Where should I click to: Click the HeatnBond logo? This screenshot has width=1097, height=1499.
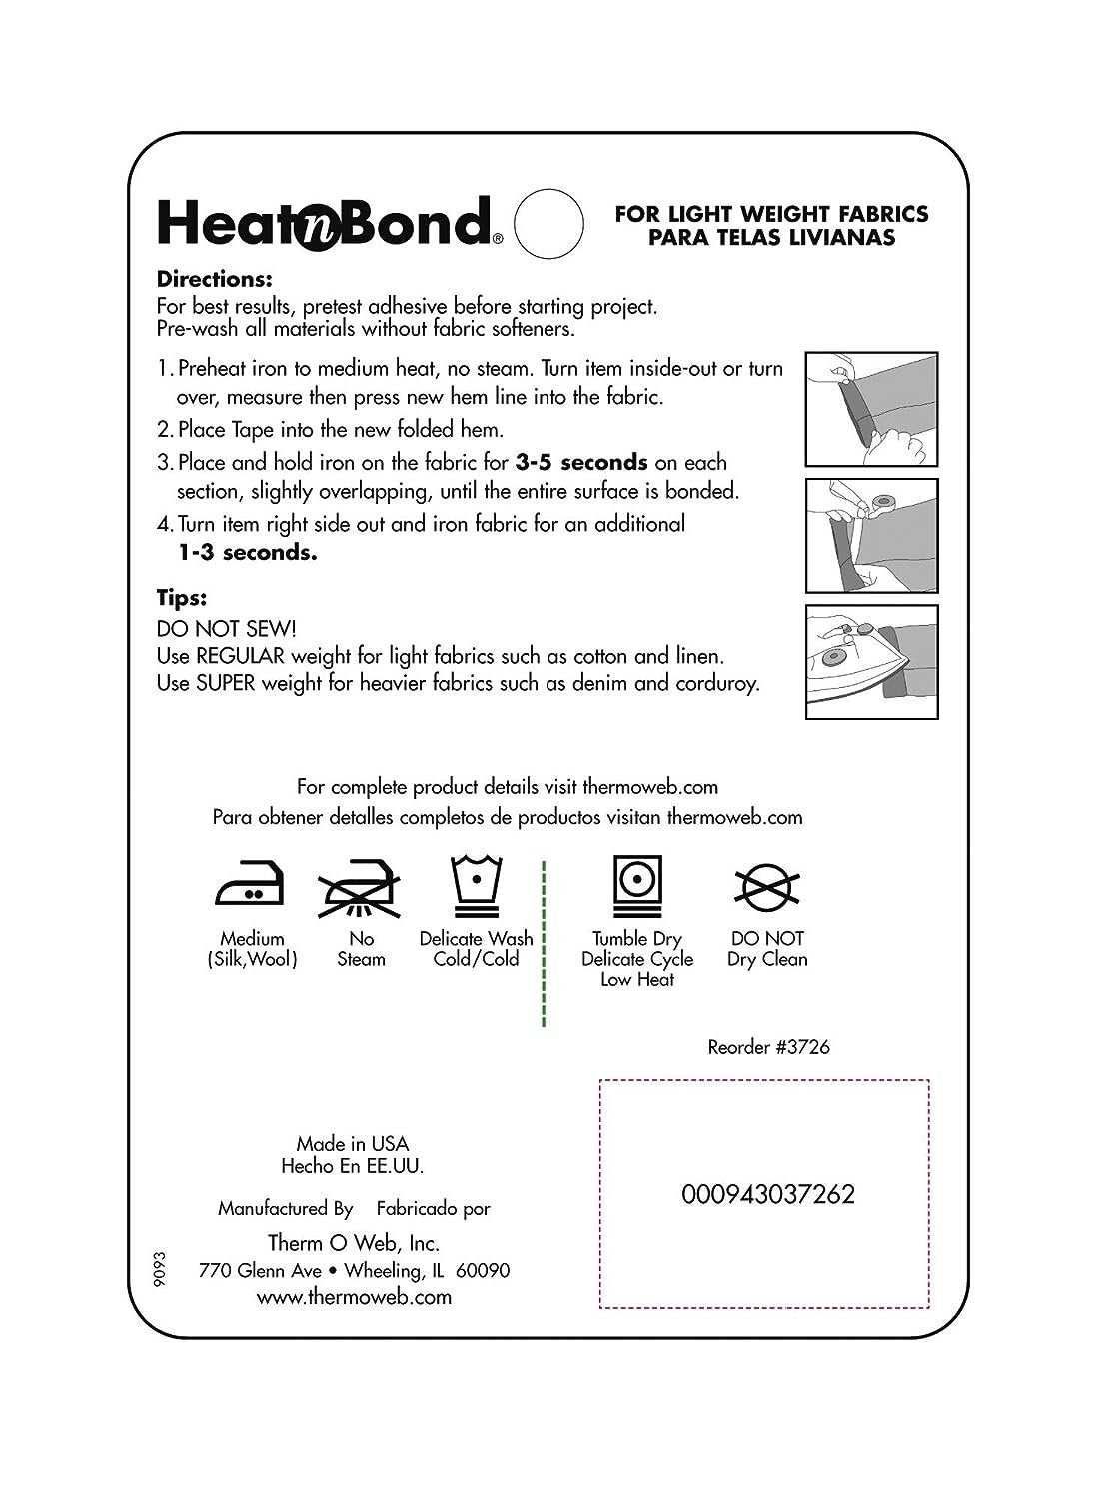326,222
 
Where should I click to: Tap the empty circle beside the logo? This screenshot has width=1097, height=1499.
548,223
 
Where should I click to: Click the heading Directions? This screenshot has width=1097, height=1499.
214,280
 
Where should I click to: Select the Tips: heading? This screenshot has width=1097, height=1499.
182,598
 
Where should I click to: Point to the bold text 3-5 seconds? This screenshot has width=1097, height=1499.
581,462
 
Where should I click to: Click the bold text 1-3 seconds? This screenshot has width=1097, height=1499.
247,552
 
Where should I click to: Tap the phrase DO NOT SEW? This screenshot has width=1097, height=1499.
227,628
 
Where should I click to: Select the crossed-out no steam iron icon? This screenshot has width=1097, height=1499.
360,889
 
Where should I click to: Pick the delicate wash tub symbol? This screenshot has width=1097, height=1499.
476,885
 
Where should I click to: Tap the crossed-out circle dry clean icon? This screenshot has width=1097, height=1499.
767,887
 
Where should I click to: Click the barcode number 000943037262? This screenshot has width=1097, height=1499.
768,1194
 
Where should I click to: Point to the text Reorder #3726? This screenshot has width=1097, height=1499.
768,1046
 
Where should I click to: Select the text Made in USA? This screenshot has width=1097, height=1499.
352,1143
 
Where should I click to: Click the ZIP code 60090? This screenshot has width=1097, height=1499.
483,1270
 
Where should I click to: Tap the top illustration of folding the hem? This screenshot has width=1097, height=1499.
871,408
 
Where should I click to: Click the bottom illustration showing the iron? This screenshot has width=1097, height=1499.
871,662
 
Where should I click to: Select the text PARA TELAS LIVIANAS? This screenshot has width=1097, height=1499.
771,237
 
